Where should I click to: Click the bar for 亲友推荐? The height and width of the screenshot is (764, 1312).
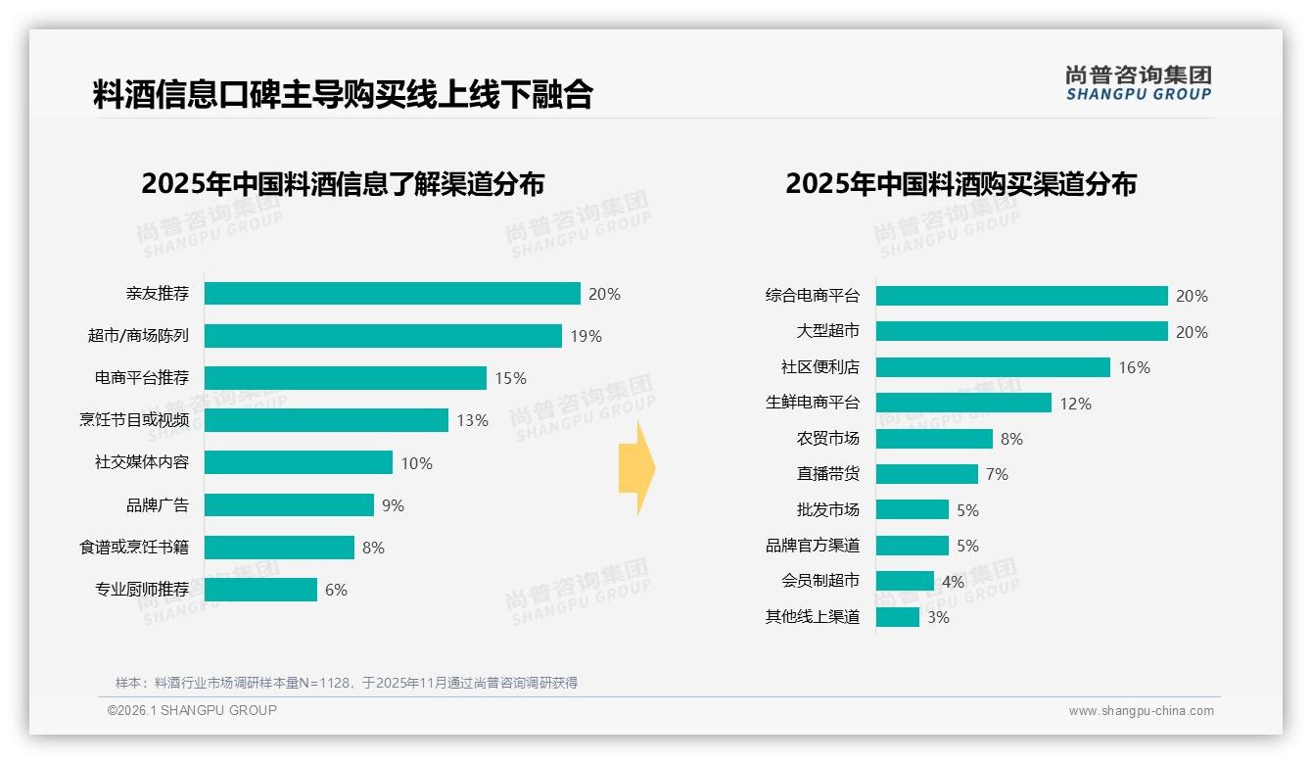pyautogui.click(x=392, y=294)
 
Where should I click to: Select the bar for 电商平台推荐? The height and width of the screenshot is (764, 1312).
pyautogui.click(x=345, y=378)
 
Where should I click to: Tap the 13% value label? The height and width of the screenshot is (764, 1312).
pyautogui.click(x=472, y=420)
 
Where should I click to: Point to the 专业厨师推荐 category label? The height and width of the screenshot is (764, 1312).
pyautogui.click(x=141, y=590)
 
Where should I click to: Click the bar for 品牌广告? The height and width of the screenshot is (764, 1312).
pyautogui.click(x=289, y=505)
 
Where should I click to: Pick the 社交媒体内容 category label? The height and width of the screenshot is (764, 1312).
pyautogui.click(x=141, y=463)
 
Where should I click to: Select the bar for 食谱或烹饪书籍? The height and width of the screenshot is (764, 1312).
pyautogui.click(x=279, y=548)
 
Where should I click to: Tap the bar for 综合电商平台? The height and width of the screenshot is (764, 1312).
pyautogui.click(x=1021, y=296)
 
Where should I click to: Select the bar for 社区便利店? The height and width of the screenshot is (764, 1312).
pyautogui.click(x=993, y=367)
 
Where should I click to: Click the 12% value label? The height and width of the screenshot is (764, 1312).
pyautogui.click(x=1075, y=404)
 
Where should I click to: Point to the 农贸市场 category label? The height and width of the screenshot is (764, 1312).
pyautogui.click(x=827, y=439)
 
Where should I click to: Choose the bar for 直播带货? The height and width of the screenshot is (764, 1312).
pyautogui.click(x=926, y=474)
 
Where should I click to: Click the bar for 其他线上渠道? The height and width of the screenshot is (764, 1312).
pyautogui.click(x=897, y=617)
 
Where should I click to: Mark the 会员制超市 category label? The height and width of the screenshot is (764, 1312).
pyautogui.click(x=820, y=581)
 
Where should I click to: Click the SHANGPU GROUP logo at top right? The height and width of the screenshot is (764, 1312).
pyautogui.click(x=1138, y=83)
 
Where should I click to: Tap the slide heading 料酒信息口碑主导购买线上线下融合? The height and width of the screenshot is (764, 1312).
pyautogui.click(x=343, y=94)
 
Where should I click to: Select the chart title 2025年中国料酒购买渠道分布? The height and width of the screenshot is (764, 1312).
pyautogui.click(x=961, y=184)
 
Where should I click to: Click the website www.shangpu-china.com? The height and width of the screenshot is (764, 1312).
pyautogui.click(x=1141, y=711)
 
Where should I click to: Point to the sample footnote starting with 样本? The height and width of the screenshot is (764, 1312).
pyautogui.click(x=347, y=683)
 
